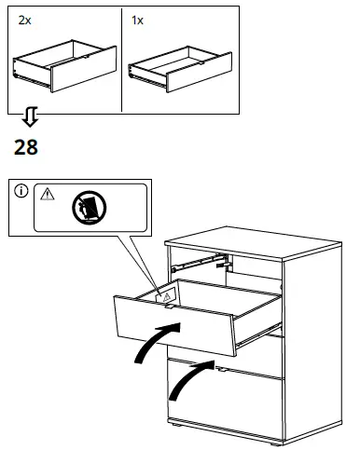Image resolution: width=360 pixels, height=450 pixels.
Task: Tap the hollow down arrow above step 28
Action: pyautogui.click(x=30, y=117)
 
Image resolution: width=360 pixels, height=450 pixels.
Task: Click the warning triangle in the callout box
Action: pyautogui.click(x=47, y=195)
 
